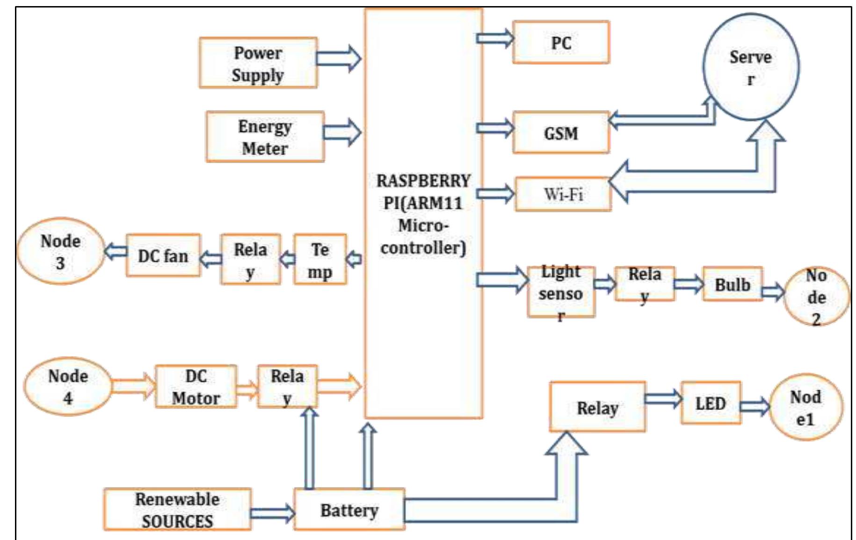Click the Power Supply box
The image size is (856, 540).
point(258,63)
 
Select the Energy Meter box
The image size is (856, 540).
point(265,137)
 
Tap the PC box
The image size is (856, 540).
point(561,43)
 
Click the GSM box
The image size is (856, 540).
point(561,133)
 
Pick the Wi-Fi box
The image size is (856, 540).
point(563,194)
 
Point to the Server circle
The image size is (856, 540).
point(751,67)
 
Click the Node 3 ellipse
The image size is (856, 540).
point(61,251)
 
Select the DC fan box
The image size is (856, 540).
point(163,256)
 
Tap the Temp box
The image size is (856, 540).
point(320,260)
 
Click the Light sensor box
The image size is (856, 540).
point(561,292)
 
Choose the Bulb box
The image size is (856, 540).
point(733,285)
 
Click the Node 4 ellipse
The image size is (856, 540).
point(68,387)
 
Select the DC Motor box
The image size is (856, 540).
point(196,387)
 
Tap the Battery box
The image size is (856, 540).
point(349,510)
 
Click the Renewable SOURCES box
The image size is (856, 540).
point(177,510)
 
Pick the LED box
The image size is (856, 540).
point(711,403)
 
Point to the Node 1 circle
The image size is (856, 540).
point(805,408)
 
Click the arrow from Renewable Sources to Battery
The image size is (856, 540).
point(273,513)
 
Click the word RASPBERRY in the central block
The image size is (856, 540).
point(423,181)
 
